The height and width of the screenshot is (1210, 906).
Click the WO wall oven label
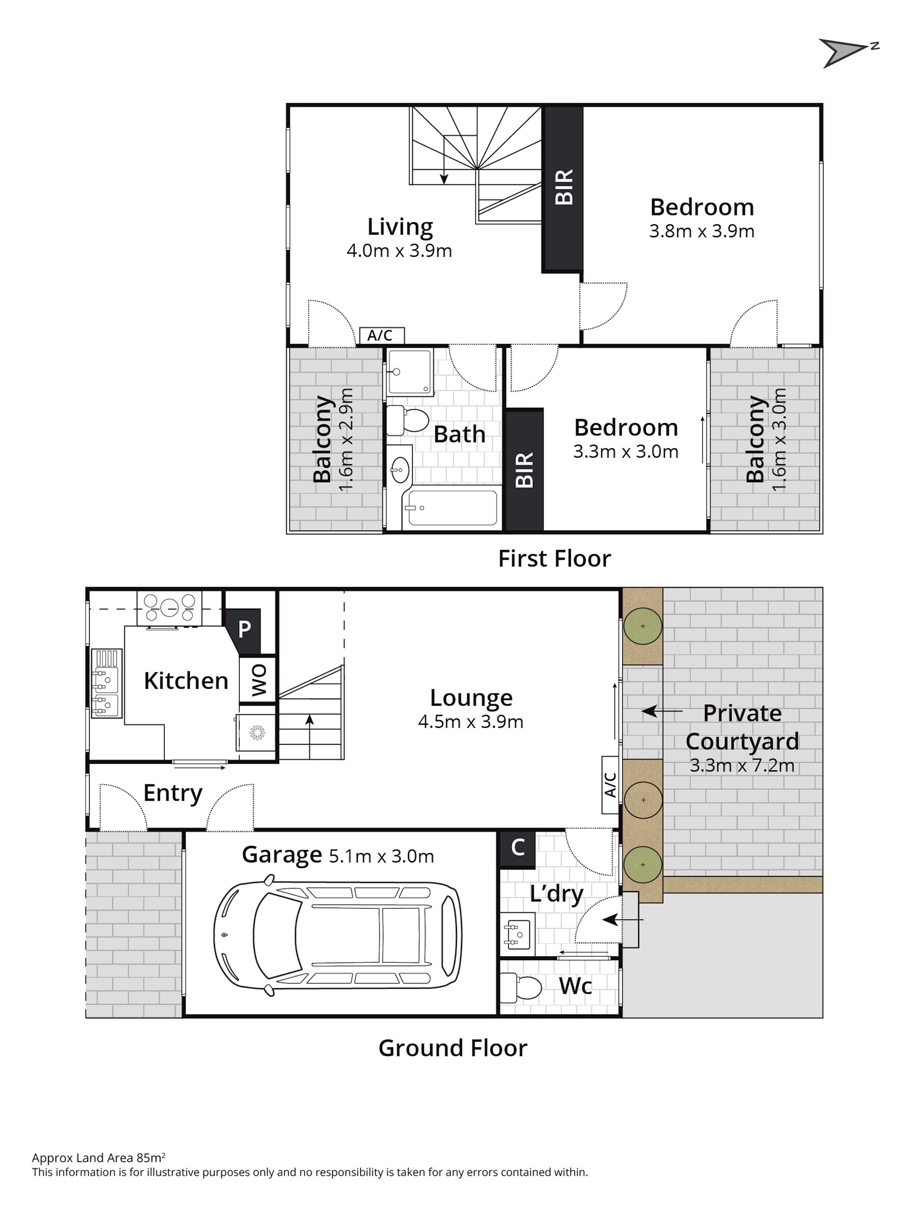pyautogui.click(x=258, y=680)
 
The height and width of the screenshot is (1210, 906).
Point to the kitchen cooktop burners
pyautogui.click(x=170, y=607)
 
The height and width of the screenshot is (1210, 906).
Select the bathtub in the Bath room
pyautogui.click(x=451, y=507)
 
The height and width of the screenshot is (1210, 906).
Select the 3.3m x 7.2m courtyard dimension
pyautogui.click(x=742, y=765)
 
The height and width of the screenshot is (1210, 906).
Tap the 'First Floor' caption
pyautogui.click(x=554, y=558)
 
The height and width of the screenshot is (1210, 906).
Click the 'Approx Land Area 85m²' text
pyautogui.click(x=98, y=1157)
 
